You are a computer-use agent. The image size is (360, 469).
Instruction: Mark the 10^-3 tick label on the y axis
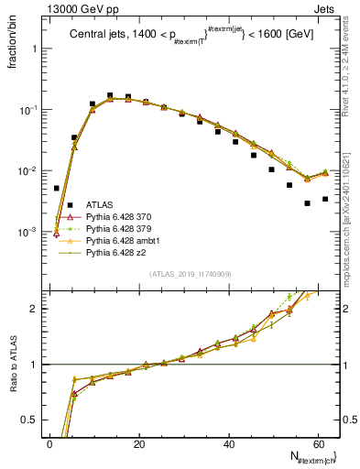coord(27,232)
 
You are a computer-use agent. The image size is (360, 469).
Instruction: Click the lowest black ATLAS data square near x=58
coord(308,203)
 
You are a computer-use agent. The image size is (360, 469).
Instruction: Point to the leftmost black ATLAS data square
coord(56,188)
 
